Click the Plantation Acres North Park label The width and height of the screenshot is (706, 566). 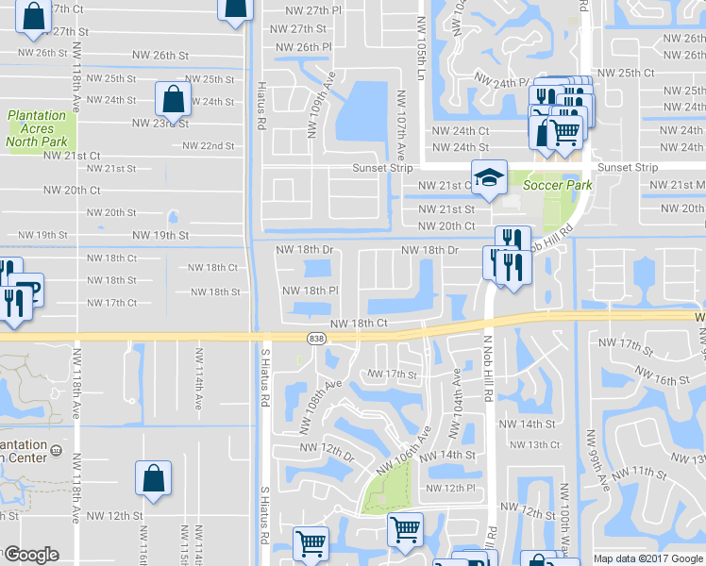[37, 129]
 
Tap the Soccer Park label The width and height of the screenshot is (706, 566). [557, 185]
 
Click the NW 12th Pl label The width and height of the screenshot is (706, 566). [446, 488]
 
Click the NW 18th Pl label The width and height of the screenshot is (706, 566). [311, 291]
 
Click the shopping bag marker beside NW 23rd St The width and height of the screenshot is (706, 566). [174, 98]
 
